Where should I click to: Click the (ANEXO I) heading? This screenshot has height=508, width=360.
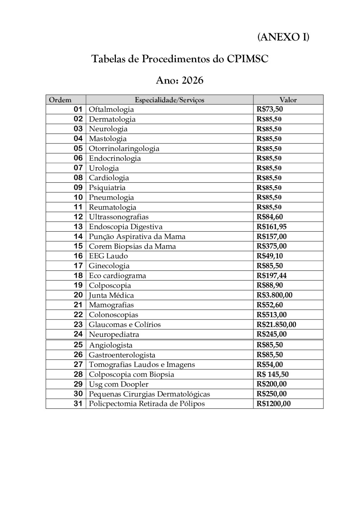[283, 37]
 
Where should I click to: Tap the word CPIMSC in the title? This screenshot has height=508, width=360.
[248, 59]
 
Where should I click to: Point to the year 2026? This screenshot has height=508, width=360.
[192, 80]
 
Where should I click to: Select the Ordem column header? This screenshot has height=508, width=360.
[60, 100]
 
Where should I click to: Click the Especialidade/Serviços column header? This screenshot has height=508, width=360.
[169, 100]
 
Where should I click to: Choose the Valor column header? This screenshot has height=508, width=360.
[288, 100]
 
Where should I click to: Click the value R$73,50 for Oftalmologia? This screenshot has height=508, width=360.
[270, 109]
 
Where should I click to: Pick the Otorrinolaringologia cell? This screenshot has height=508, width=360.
[124, 149]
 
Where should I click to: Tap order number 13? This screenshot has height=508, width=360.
[78, 227]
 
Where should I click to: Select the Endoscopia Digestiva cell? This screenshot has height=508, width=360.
[126, 227]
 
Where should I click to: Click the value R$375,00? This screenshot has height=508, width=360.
[271, 246]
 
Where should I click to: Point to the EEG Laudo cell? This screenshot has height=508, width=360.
[108, 256]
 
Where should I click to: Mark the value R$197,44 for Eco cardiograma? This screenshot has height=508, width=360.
[271, 276]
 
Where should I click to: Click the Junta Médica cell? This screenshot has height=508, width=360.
[111, 295]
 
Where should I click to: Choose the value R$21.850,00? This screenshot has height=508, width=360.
[276, 325]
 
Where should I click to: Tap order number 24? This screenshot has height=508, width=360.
[78, 334]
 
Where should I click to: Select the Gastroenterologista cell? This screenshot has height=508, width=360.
[122, 355]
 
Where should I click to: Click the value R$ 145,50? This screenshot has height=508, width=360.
[273, 375]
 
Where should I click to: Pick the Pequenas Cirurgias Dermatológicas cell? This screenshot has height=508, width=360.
[149, 394]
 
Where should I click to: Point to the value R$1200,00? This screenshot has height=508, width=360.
[273, 404]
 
